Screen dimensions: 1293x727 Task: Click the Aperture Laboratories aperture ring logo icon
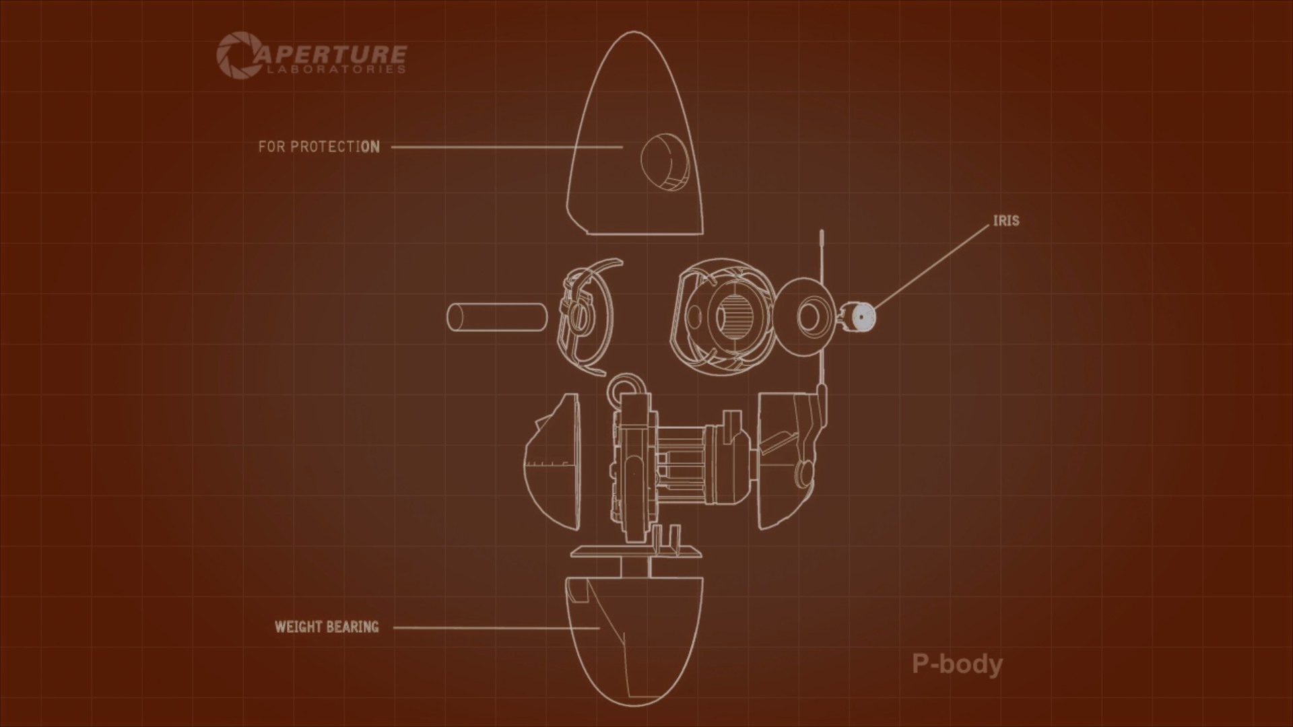click(234, 53)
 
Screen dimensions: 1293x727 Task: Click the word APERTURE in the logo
click(329, 53)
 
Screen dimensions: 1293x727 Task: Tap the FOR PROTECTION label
click(319, 147)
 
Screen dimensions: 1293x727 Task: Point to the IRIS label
click(1006, 221)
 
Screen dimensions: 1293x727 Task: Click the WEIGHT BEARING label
click(327, 627)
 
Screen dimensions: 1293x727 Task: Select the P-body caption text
click(957, 664)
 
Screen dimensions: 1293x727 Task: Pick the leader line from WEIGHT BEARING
click(496, 628)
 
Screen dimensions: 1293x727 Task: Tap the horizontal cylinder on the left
click(497, 317)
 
